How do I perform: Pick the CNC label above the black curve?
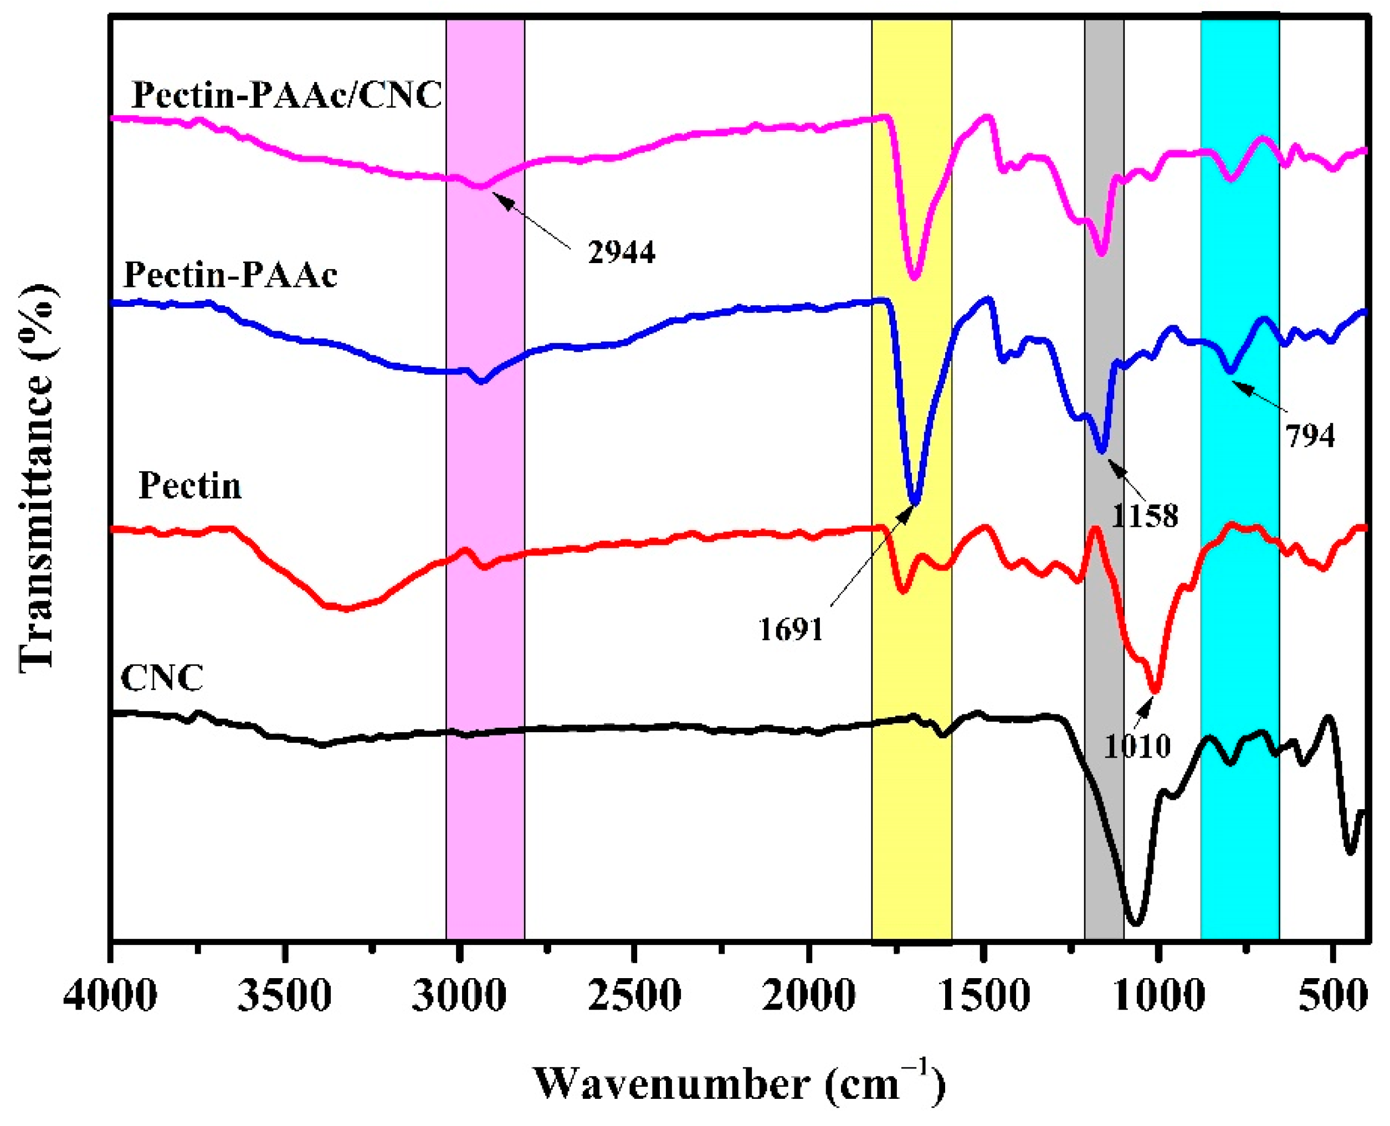click(x=162, y=678)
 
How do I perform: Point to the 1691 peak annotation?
click(x=791, y=629)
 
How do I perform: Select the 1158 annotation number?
click(x=1144, y=516)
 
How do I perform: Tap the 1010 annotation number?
click(x=1137, y=747)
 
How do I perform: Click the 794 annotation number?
click(x=1310, y=436)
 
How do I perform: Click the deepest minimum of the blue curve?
click(x=915, y=502)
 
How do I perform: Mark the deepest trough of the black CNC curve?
click(x=1135, y=922)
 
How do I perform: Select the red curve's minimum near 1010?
click(x=1155, y=691)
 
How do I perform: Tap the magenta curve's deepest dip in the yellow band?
click(x=915, y=277)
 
